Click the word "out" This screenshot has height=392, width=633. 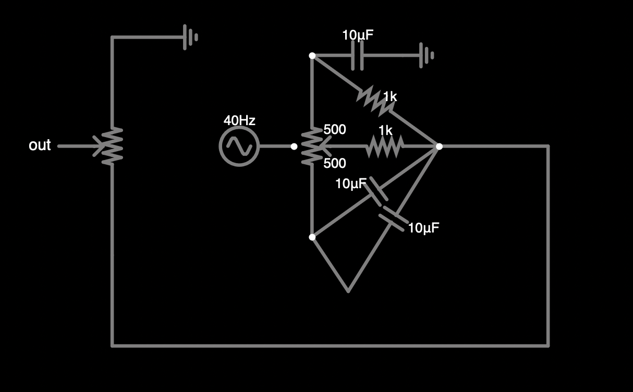tap(40, 145)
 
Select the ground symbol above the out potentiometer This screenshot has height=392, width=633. tap(190, 37)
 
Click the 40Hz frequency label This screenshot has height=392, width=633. tap(239, 120)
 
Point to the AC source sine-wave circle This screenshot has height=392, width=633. tap(239, 146)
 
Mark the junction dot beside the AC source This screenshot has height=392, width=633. tap(294, 146)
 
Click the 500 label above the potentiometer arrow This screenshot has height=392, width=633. tap(335, 129)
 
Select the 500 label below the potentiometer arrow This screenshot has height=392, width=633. tap(335, 163)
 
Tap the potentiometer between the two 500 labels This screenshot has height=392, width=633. tap(312, 146)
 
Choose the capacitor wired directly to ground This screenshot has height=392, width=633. tap(358, 55)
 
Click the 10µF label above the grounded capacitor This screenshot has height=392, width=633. tap(358, 35)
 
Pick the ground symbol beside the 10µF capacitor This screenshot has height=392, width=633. tap(427, 55)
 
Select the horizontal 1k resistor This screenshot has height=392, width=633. tap(385, 146)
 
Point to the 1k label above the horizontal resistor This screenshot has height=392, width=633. tap(385, 130)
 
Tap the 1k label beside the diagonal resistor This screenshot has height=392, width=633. tap(390, 96)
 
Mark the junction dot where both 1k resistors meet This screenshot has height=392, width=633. tap(439, 146)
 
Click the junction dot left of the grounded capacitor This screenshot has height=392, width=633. tap(312, 55)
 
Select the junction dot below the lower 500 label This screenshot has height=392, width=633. tap(312, 237)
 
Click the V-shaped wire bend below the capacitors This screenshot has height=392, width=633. tap(348, 291)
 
